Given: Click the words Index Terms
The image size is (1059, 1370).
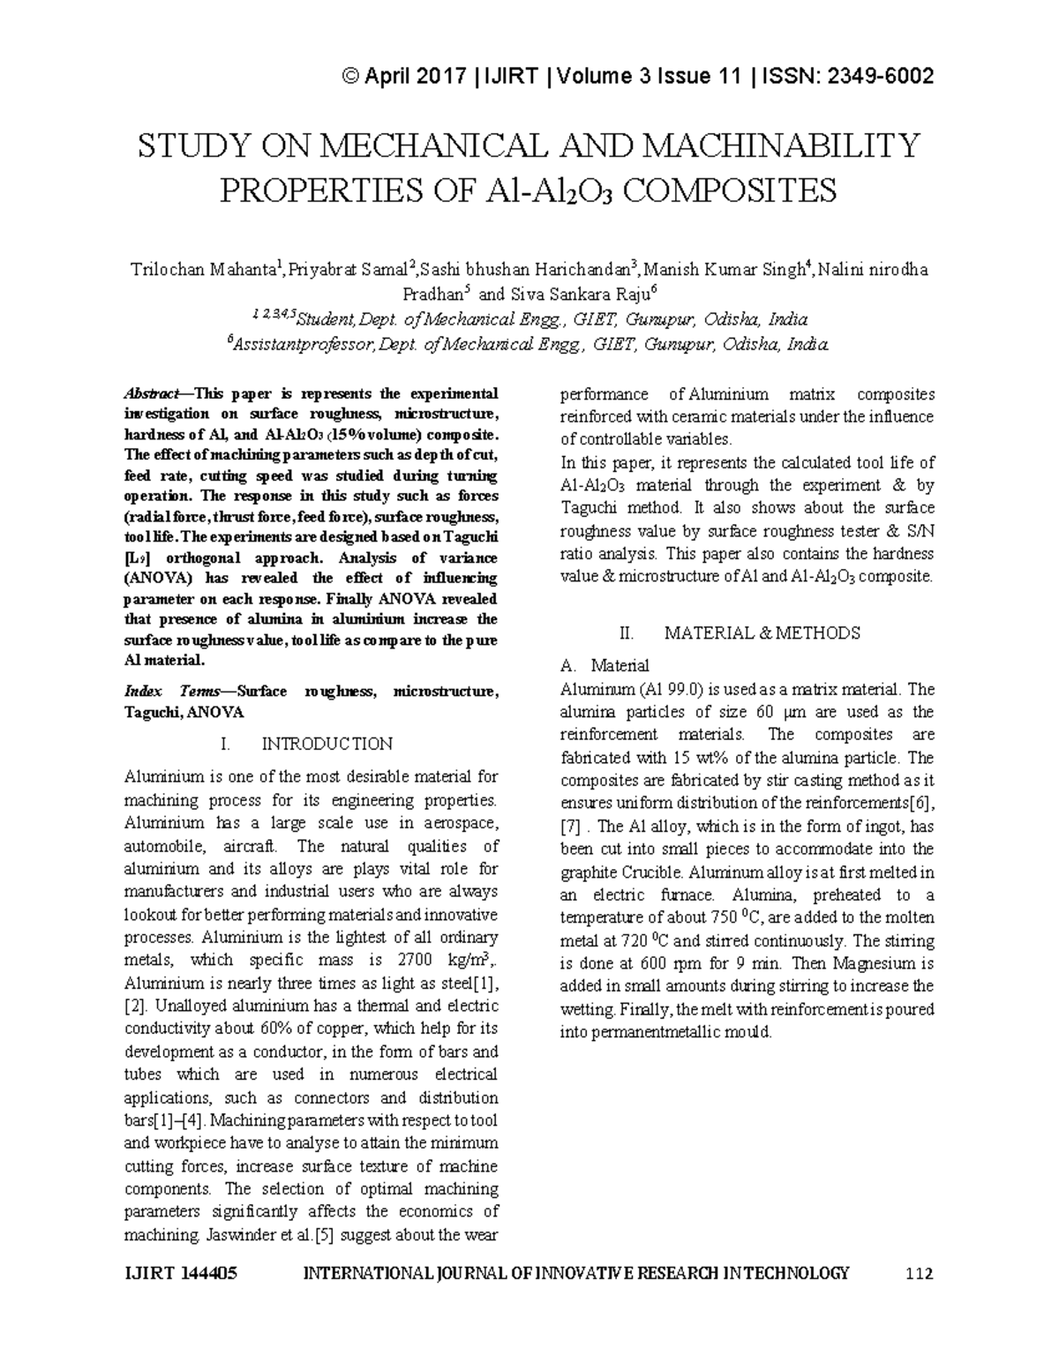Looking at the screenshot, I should tap(164, 692).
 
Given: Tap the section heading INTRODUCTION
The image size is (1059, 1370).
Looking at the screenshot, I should tap(327, 744).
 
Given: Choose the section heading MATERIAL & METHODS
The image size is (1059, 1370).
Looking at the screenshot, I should tap(762, 633).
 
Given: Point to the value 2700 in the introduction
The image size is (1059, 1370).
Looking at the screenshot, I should tap(417, 960).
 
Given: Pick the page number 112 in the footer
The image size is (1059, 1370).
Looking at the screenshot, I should tap(920, 1273).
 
